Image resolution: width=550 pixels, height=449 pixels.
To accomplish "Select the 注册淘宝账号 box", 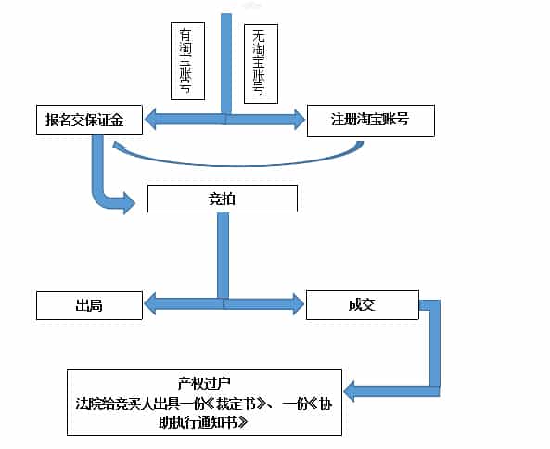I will pos(370,121).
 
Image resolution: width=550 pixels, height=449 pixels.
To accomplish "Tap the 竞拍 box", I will pos(222,199).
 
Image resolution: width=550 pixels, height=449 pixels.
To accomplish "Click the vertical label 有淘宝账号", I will pos(187,60).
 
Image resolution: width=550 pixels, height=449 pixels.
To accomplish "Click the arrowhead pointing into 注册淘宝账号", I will pos(297,119).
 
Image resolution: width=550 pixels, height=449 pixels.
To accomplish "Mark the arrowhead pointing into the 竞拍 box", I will pos(128,202).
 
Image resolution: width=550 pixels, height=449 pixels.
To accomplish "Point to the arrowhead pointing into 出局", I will pos(153,303).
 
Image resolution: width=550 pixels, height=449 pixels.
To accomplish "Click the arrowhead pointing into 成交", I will pos(297,303).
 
